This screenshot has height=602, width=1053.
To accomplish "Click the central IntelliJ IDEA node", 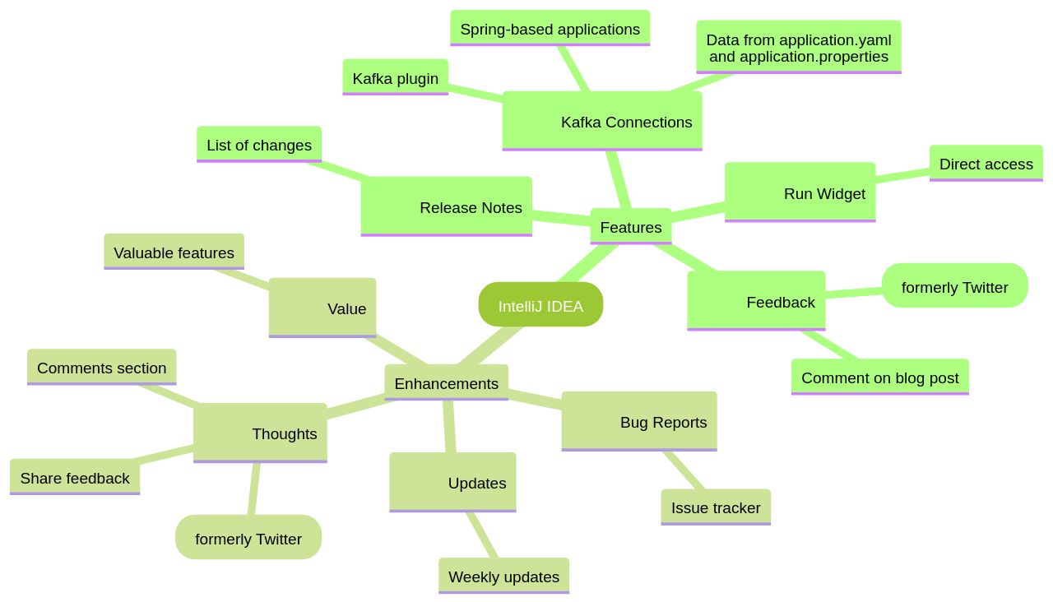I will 540,305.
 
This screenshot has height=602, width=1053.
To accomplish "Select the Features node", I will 630,227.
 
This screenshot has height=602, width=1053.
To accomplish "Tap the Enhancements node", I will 446,383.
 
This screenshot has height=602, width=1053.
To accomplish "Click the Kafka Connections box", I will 602,121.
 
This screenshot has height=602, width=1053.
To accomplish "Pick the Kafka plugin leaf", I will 395,77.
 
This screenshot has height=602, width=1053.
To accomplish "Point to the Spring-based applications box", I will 550,29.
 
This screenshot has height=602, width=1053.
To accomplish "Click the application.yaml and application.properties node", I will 798,48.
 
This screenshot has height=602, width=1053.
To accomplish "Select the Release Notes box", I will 446,206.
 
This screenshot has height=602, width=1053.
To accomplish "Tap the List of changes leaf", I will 258,145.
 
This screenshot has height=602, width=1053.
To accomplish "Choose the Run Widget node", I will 800,192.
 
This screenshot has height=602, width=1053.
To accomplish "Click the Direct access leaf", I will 986,164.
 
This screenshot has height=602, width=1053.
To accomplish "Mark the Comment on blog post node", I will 879,377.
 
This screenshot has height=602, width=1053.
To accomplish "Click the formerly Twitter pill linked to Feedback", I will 954,286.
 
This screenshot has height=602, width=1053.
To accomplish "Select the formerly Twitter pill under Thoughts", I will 248,538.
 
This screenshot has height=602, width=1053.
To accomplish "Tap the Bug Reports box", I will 638,421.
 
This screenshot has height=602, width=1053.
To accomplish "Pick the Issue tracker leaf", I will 715,507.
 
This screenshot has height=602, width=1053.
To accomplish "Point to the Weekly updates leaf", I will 503,577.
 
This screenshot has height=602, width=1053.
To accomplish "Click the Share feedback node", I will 75,478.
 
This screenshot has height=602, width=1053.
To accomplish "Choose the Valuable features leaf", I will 174,252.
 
